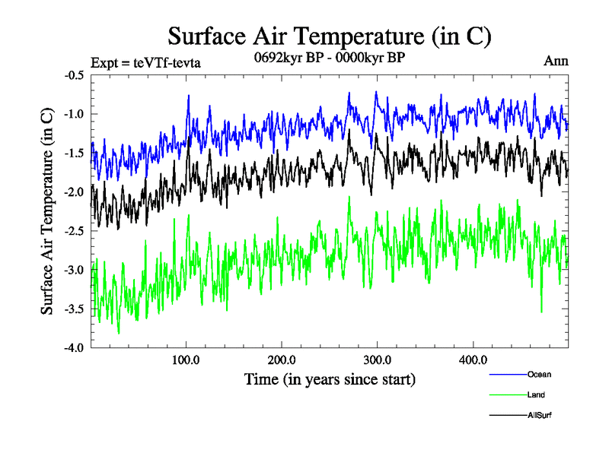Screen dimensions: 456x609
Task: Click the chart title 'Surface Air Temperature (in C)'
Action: [x=330, y=36]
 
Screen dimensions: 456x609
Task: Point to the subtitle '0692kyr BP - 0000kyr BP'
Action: [x=328, y=60]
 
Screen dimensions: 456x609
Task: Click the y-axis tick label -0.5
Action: [x=74, y=75]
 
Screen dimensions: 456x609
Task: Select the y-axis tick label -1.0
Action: [x=74, y=114]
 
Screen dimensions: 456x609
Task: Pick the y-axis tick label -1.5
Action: [x=74, y=153]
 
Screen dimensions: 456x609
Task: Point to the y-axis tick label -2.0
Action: [x=74, y=192]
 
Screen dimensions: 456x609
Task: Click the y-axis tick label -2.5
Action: [x=74, y=231]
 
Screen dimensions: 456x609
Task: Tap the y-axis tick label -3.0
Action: [x=74, y=270]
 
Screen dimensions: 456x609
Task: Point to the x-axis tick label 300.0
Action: [x=378, y=359]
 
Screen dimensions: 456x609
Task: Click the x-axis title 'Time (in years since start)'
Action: [x=330, y=378]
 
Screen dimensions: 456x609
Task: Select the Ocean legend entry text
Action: [x=539, y=374]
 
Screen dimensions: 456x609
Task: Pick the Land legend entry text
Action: [x=536, y=394]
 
